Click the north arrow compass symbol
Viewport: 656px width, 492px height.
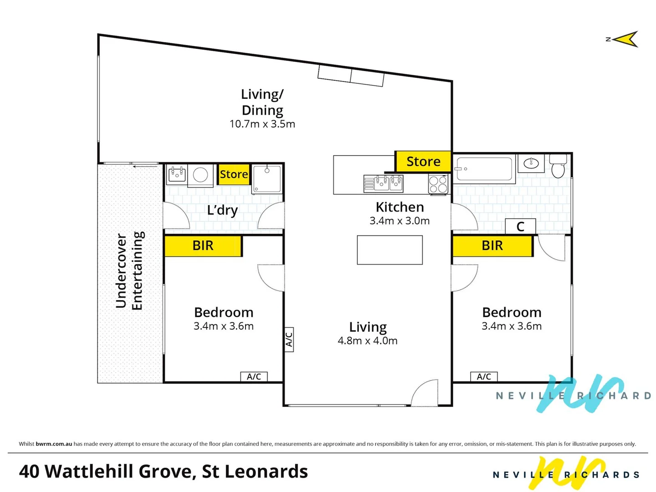click(x=626, y=40)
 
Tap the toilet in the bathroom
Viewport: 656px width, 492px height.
click(x=558, y=166)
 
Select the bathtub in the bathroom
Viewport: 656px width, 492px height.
click(x=484, y=169)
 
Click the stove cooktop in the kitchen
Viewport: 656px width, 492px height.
click(x=438, y=184)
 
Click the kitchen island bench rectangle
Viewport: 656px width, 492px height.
click(x=389, y=250)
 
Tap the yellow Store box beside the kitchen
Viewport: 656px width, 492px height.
click(x=423, y=161)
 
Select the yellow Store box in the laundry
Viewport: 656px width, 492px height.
click(x=234, y=174)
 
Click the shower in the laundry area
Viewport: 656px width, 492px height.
click(x=267, y=179)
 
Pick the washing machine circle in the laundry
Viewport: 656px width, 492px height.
click(x=200, y=175)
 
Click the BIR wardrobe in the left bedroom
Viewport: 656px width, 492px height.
click(x=203, y=246)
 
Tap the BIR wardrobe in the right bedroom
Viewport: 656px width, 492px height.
click(x=492, y=246)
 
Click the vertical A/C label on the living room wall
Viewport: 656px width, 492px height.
click(x=289, y=339)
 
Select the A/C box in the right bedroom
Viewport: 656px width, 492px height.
click(x=484, y=377)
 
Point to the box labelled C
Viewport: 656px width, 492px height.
click(x=520, y=226)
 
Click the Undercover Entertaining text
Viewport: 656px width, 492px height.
click(x=129, y=271)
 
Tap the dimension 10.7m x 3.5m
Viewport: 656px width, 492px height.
click(x=262, y=124)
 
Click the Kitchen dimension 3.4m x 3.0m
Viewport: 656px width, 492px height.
click(x=400, y=221)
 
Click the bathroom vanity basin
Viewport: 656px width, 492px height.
click(x=531, y=163)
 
